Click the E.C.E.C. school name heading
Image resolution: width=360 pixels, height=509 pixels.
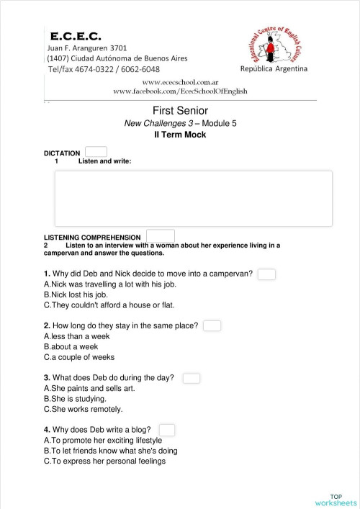click(76, 35)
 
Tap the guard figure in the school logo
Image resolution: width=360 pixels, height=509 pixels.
click(271, 49)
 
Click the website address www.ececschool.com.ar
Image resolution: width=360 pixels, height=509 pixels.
click(180, 83)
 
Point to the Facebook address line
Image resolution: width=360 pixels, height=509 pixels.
click(180, 92)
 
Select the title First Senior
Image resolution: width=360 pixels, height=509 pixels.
click(180, 110)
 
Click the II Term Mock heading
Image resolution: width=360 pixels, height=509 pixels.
click(180, 135)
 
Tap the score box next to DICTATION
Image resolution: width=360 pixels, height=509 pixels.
click(96, 152)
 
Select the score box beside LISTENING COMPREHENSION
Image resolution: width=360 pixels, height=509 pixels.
click(160, 236)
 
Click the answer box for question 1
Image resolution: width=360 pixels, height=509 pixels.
click(266, 274)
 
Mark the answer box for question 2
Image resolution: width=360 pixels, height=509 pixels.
click(212, 326)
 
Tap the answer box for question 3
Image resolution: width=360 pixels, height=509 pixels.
click(192, 378)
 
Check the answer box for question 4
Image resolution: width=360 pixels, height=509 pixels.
click(166, 430)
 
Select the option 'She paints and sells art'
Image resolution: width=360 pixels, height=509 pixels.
click(89, 388)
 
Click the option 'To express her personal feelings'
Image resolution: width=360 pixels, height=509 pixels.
click(104, 461)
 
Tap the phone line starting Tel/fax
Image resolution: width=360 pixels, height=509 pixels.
click(104, 69)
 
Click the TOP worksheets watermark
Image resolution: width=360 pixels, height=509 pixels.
click(336, 499)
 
